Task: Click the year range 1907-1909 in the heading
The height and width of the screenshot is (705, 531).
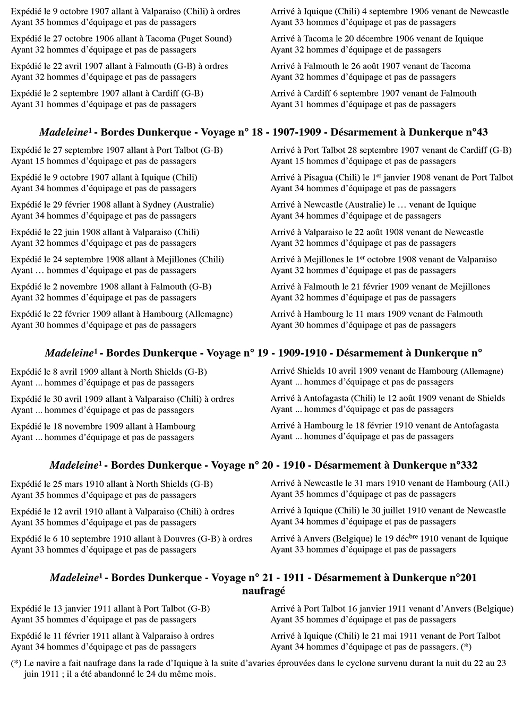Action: (x=298, y=132)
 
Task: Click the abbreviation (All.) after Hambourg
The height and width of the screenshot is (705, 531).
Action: (x=498, y=483)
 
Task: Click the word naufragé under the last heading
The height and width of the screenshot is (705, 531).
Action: (x=263, y=590)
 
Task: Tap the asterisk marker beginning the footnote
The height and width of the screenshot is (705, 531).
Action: (x=16, y=664)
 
